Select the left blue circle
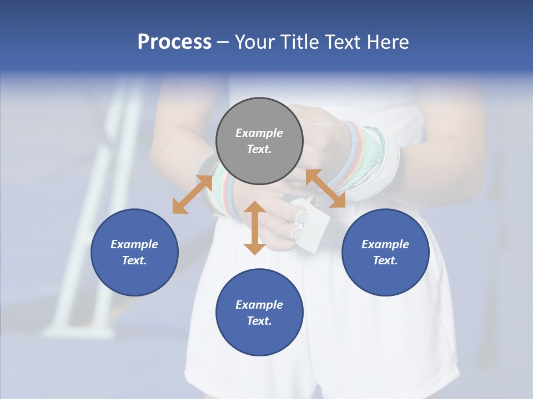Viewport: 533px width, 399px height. pos(134,252)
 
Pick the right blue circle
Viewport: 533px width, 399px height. pos(385,252)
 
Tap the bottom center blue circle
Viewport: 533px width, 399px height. pos(259,313)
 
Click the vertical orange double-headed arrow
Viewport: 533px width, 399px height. pos(254,228)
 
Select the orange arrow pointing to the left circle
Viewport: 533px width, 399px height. pos(192,195)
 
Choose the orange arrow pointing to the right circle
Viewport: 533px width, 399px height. pos(325,189)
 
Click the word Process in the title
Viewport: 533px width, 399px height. pos(174,42)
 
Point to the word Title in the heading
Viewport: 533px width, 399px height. pos(298,42)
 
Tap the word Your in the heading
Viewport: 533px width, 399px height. pos(255,42)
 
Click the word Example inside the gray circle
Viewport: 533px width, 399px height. pos(259,133)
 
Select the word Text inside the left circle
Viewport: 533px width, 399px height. pos(134,260)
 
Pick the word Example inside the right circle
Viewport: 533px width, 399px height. pos(385,244)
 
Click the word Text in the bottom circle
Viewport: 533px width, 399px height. pos(259,321)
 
